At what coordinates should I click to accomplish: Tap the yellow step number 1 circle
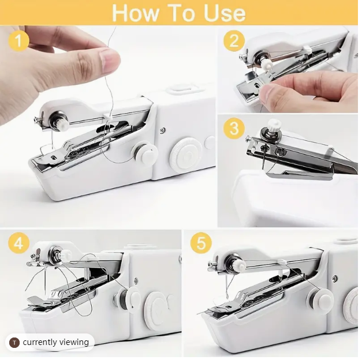19,41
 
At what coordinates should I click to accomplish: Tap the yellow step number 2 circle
234,41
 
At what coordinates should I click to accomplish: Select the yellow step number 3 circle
233,128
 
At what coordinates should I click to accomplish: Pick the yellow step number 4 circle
19,243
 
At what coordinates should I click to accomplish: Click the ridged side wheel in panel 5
352,305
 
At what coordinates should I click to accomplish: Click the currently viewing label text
55,342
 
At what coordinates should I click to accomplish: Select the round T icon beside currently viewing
15,343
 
